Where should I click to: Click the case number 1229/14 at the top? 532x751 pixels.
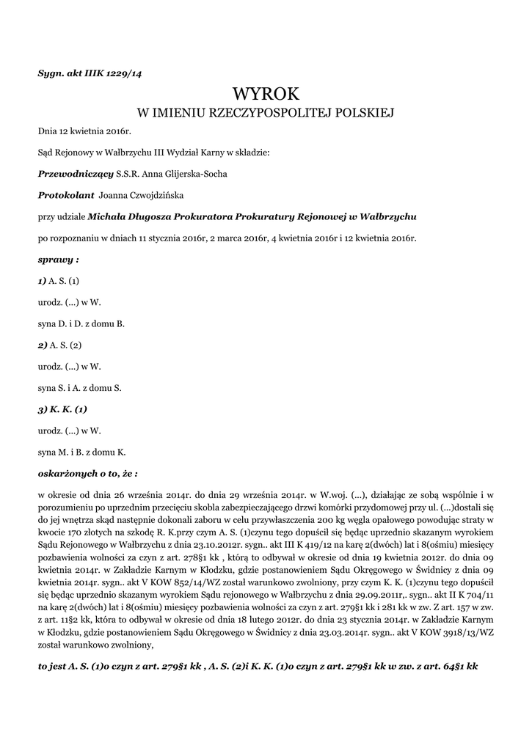pyautogui.click(x=126, y=73)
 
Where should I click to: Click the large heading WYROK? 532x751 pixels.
pyautogui.click(x=266, y=93)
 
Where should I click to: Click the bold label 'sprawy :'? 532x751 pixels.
pyautogui.click(x=58, y=260)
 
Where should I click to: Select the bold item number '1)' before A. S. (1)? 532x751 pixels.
pyautogui.click(x=43, y=281)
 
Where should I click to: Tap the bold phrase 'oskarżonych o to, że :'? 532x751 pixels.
pyautogui.click(x=87, y=473)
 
